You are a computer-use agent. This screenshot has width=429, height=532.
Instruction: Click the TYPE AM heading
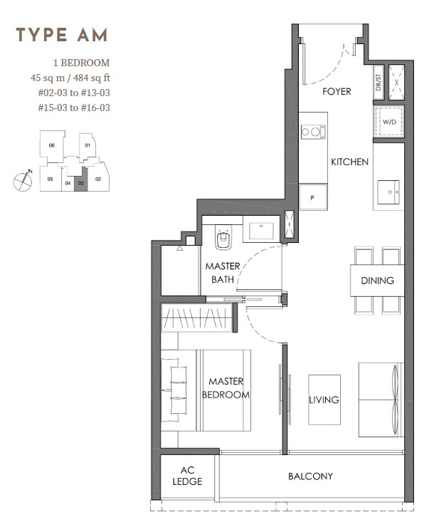click(x=62, y=35)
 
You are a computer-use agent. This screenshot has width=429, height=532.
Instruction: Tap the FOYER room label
click(x=337, y=92)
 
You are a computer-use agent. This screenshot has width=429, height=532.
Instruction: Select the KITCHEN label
click(x=349, y=162)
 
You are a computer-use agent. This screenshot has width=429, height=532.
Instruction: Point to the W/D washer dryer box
click(x=389, y=122)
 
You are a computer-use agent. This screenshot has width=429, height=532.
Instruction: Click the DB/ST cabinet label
click(x=378, y=83)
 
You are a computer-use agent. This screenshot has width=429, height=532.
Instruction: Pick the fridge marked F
click(x=313, y=197)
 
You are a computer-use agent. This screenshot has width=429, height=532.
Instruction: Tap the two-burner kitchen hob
click(x=313, y=132)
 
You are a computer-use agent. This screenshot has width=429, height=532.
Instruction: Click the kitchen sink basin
click(x=388, y=192)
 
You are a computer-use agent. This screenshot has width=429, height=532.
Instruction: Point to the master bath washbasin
click(x=261, y=231)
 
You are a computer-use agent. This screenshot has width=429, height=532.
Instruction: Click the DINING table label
click(x=378, y=281)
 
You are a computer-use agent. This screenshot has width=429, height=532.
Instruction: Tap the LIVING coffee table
click(x=324, y=400)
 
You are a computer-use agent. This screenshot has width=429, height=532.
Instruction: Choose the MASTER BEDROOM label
click(x=226, y=388)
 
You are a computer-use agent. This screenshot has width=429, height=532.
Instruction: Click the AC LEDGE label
click(x=187, y=476)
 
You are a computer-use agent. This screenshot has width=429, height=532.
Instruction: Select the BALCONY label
click(x=310, y=476)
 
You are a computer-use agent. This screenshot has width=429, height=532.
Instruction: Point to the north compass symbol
click(x=23, y=181)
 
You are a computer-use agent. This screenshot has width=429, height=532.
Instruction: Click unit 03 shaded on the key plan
click(x=80, y=179)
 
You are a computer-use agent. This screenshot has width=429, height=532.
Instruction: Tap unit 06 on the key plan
click(x=51, y=145)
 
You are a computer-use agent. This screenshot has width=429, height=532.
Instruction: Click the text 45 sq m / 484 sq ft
click(x=70, y=78)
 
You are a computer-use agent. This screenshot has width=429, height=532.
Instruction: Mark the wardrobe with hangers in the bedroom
click(x=196, y=318)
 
